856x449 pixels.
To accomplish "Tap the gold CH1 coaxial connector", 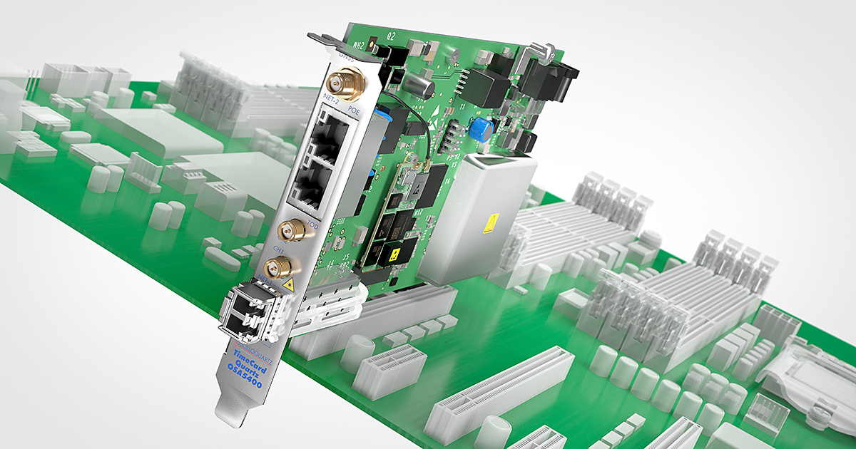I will click(x=282, y=267).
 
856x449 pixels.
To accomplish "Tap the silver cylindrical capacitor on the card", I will click(x=421, y=87).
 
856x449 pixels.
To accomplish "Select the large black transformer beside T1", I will click(x=487, y=86).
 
